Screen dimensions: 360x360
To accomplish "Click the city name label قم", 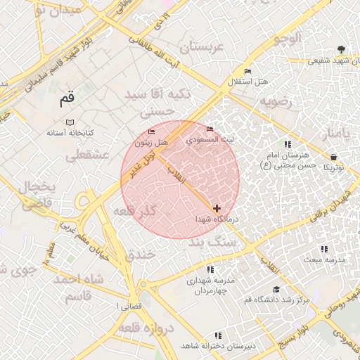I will point(67,99).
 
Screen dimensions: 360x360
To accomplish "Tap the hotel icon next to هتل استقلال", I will point(247,71).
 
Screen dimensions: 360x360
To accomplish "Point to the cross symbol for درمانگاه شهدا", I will point(217,208).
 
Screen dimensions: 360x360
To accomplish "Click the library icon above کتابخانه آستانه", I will point(70,122).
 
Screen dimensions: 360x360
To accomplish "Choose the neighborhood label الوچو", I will point(289,37).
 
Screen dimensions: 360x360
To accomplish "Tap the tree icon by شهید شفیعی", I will point(340,49).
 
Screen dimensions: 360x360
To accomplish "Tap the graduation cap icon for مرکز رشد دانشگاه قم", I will point(276,289).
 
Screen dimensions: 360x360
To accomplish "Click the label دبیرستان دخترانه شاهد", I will point(218,347).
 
